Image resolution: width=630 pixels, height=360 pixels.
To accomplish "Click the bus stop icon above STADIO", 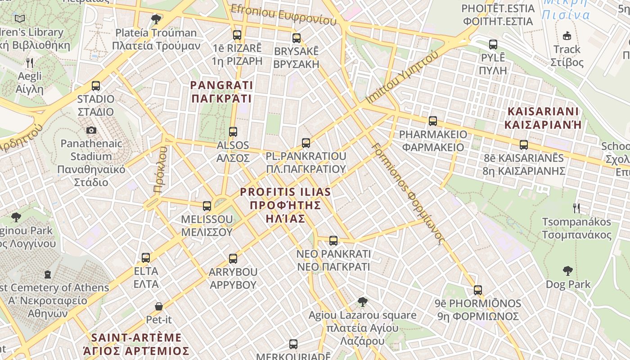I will (x=95, y=85).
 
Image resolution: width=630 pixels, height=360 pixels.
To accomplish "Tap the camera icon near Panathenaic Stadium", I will (x=91, y=130).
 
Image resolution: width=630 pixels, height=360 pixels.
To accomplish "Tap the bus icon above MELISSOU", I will (x=207, y=206).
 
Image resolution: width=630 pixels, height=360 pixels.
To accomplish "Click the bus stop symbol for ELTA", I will (x=146, y=258).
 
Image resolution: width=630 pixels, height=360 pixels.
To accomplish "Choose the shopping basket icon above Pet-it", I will (x=159, y=306).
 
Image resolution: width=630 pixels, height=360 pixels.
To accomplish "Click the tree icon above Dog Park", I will (x=568, y=271).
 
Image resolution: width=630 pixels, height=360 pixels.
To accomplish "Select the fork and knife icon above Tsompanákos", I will (x=576, y=208).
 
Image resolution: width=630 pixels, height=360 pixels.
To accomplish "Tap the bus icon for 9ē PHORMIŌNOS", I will (x=478, y=290).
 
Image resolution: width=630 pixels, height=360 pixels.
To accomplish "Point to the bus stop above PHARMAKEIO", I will (x=433, y=121).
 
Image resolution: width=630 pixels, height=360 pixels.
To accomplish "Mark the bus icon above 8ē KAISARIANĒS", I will (x=524, y=145).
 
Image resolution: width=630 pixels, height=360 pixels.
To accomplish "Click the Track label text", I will (x=567, y=49).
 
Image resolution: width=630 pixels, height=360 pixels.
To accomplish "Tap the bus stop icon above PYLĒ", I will (x=493, y=45).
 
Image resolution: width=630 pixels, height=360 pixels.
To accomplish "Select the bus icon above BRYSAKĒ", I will (x=296, y=38).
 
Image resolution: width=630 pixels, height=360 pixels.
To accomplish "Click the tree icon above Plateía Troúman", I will (x=156, y=19).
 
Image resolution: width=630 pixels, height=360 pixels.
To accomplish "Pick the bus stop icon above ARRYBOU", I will (x=233, y=259).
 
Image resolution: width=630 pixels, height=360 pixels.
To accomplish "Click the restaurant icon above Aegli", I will (x=30, y=63).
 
